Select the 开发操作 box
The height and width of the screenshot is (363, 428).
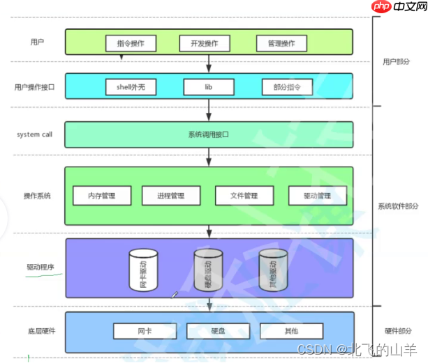coord(204,43)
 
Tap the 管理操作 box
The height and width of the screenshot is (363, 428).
coord(281,43)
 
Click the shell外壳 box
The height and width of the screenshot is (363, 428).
coord(131,87)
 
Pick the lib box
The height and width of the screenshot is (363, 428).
coord(208,87)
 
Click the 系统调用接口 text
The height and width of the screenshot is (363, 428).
coord(209,134)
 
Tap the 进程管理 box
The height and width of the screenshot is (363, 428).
coord(171,196)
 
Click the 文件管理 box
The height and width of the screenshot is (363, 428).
coord(244,196)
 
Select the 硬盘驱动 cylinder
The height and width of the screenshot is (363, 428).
coord(207,269)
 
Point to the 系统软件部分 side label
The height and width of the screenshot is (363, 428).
coord(399,206)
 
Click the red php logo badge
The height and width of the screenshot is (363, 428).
coord(381,8)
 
